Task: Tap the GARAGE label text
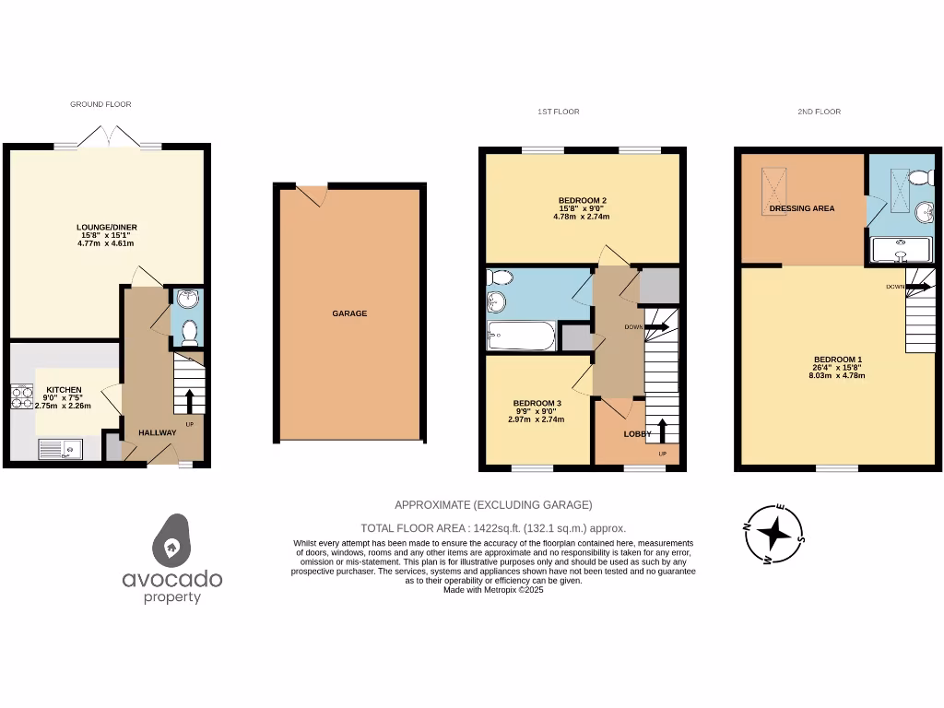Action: [349, 313]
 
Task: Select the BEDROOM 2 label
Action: [582, 200]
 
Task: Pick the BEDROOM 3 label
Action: [537, 403]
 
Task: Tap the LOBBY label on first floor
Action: [637, 433]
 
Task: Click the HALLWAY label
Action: [157, 432]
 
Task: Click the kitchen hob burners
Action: [21, 397]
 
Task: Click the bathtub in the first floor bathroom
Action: [521, 336]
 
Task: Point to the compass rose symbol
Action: [775, 533]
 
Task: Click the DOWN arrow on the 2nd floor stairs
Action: [918, 287]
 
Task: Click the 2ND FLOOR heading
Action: [819, 112]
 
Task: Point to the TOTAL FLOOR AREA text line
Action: [493, 528]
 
